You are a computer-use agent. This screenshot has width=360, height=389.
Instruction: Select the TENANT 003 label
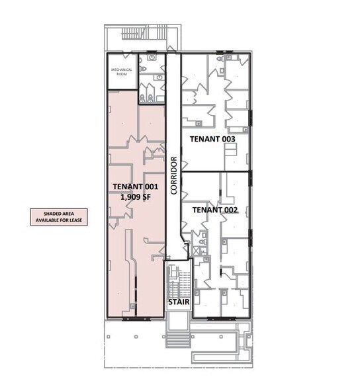[212, 139]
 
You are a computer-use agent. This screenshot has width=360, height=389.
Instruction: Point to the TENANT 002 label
[214, 209]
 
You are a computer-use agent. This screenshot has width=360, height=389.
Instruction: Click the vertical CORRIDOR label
[173, 175]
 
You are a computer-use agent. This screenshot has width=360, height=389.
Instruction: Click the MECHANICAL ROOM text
[122, 71]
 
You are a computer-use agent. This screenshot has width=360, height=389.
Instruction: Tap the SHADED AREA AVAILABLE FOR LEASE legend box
[58, 217]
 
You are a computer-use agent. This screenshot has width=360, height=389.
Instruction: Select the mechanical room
[122, 73]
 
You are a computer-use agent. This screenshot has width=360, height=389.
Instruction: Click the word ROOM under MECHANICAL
[122, 73]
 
